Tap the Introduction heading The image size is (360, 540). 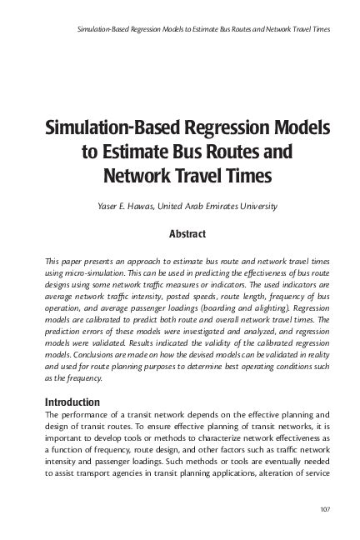pyautogui.click(x=72, y=402)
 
